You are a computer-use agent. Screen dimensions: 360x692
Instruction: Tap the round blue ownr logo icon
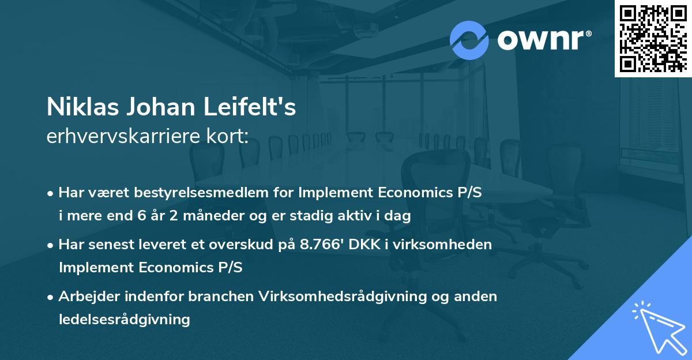[x=469, y=40]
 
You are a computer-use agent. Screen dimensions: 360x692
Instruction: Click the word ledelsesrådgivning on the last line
[x=124, y=319]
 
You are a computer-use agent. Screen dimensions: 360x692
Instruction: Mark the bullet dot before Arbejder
[x=51, y=297]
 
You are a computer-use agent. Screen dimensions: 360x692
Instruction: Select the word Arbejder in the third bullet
[x=89, y=296]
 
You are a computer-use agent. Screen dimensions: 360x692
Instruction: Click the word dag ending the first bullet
[x=399, y=216]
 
